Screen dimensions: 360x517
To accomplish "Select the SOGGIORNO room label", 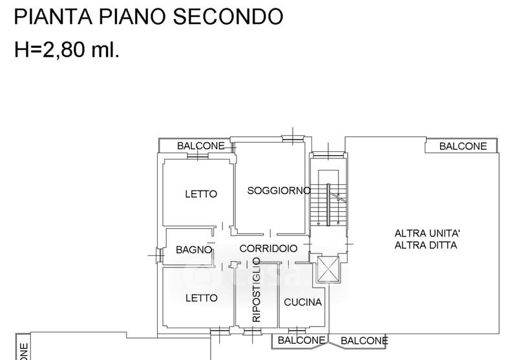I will (279, 191).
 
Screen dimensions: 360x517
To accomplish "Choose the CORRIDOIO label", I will (268, 248).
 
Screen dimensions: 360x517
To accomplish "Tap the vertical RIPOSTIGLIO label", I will (256, 290).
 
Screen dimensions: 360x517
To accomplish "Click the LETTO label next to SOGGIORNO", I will (201, 194).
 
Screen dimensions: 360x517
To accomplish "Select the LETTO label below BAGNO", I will (201, 298).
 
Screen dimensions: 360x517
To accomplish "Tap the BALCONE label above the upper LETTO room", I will (201, 146).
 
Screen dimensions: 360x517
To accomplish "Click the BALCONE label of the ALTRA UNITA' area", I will (463, 146).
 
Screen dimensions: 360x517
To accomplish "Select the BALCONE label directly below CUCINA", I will (301, 340).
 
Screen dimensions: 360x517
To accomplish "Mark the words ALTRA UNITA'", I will (427, 233).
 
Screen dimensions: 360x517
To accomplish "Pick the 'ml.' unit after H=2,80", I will (106, 50).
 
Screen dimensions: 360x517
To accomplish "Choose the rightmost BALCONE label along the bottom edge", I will (364, 341).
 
